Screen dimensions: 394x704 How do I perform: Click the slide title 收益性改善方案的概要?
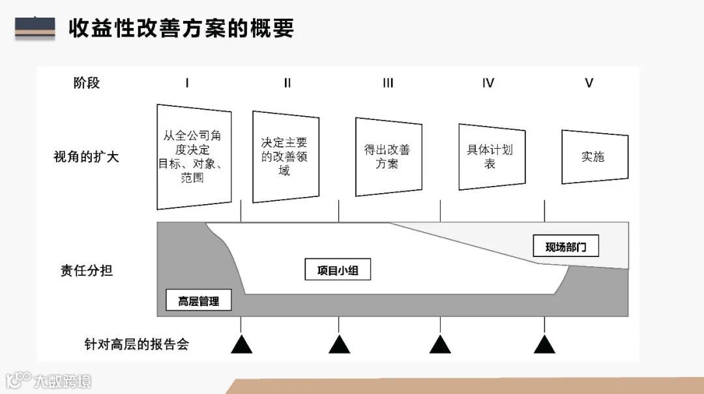(181, 28)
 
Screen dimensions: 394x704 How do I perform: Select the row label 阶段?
(87, 83)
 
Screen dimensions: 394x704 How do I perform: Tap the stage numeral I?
(187, 83)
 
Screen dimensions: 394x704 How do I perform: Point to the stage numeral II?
(287, 83)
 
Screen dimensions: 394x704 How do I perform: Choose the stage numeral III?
(388, 83)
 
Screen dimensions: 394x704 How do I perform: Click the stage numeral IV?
(488, 83)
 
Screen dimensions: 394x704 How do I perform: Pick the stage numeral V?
(589, 83)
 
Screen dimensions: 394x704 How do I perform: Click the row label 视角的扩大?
(86, 157)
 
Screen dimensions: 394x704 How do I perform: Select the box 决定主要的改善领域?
(285, 157)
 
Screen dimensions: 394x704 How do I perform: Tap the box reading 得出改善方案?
(388, 157)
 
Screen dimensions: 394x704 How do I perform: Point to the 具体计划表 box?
(491, 157)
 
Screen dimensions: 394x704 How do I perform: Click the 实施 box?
(594, 157)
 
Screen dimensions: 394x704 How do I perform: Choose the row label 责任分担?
(86, 270)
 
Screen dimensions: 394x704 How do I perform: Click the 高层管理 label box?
(199, 301)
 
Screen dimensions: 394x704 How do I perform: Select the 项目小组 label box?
(338, 270)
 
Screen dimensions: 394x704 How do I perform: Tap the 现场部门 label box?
(566, 247)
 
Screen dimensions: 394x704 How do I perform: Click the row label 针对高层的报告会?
(136, 344)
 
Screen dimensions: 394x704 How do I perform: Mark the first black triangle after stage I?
(241, 344)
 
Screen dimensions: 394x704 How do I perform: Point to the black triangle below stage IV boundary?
(544, 344)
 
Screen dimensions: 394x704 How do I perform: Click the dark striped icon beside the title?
(35, 28)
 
